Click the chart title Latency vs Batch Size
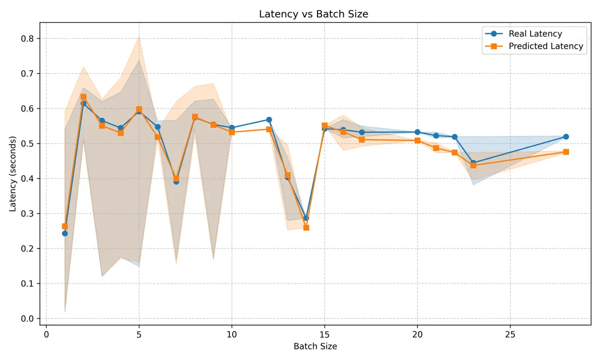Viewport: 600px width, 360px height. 314,14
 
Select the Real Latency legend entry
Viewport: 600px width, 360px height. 535,34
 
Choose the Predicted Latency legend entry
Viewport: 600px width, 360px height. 545,46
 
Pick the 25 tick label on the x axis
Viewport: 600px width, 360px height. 510,333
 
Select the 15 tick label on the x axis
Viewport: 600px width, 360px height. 325,333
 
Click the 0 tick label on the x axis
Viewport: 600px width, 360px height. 46,333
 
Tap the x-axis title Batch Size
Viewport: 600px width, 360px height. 315,346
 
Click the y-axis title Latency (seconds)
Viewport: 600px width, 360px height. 13,174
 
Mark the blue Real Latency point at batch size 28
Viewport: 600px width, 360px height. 566,137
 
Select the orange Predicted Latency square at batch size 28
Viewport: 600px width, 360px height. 566,152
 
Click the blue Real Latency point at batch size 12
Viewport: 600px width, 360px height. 269,120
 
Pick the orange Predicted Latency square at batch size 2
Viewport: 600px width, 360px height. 84,97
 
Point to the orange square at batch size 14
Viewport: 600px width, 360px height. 306,227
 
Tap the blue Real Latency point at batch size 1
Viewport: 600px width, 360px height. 65,233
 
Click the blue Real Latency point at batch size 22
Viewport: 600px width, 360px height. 455,137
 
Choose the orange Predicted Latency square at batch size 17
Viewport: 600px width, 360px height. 362,139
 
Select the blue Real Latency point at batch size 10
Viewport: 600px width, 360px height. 232,128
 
